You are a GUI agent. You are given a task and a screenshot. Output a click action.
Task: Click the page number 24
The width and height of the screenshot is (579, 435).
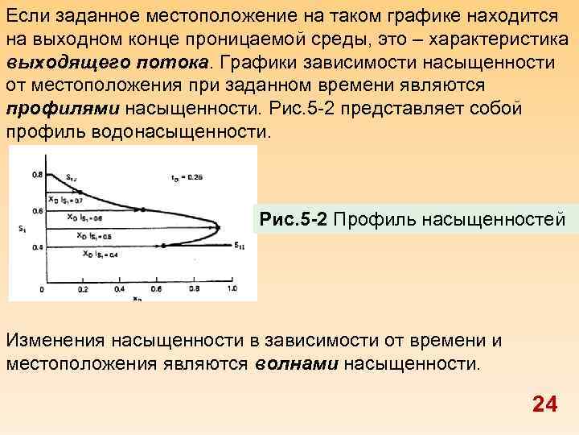coord(544,404)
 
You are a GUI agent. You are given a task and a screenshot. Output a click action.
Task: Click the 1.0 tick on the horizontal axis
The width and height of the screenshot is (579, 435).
coord(232,288)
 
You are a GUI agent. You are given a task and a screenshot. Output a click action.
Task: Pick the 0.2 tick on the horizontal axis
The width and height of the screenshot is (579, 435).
coord(82,288)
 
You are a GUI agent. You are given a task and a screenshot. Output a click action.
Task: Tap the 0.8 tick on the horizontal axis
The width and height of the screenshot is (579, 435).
coord(194,288)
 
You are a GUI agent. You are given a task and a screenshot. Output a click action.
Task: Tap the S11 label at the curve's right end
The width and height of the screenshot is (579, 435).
coord(240,245)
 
